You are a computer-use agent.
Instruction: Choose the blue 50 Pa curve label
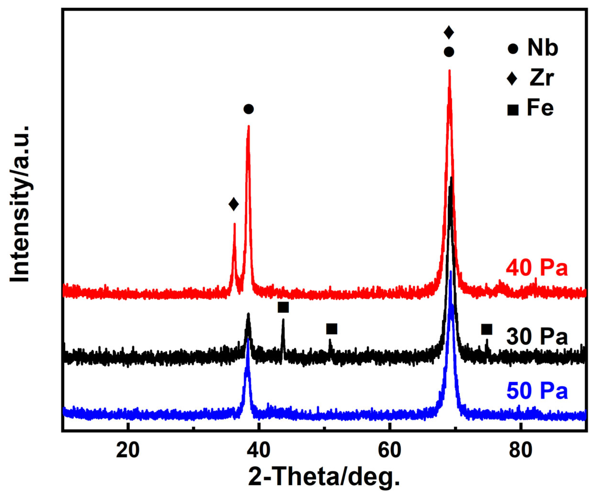537,391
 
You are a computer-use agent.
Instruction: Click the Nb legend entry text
543,48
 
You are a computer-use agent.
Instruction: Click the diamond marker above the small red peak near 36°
233,204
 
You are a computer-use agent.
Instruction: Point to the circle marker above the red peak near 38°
249,109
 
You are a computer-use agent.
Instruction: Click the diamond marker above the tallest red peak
449,32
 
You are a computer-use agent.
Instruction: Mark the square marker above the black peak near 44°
283,307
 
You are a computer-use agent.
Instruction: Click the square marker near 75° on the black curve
487,330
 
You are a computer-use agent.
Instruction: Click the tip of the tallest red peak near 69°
449,71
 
